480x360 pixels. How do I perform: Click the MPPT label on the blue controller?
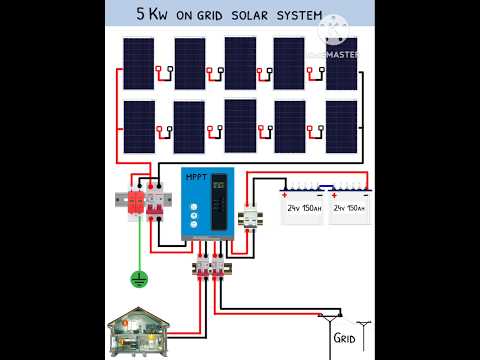(x=198, y=177)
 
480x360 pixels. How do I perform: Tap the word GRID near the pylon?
(x=344, y=337)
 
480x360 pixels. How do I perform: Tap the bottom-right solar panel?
(x=341, y=127)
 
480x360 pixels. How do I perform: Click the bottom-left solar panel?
(x=139, y=127)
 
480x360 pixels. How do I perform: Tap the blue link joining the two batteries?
(x=326, y=186)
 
